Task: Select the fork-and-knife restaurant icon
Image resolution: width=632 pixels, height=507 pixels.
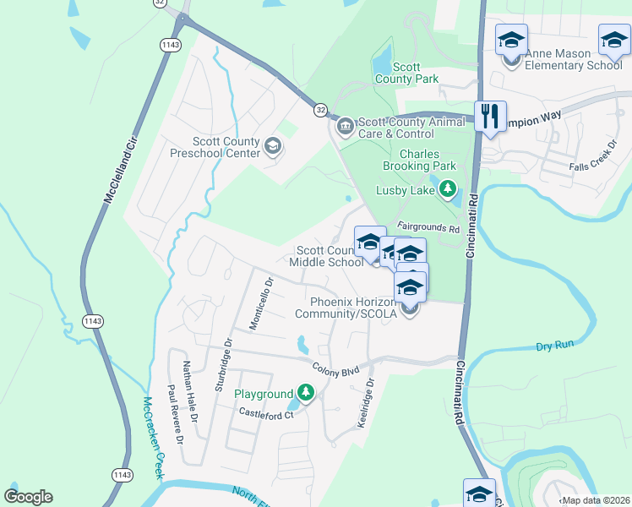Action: tap(490, 117)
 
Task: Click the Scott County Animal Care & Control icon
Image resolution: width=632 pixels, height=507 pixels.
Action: tap(345, 127)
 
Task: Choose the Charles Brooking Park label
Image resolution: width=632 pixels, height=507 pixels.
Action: tap(419, 161)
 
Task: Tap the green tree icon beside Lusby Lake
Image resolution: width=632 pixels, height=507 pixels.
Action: tap(448, 189)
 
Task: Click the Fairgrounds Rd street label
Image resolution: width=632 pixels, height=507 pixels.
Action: tap(428, 228)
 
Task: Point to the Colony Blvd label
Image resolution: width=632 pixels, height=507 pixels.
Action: tap(335, 369)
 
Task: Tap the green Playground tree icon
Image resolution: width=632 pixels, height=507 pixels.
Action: tap(306, 393)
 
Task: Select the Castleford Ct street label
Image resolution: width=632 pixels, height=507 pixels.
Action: tap(264, 413)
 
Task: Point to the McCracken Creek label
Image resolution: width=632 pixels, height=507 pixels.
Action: tap(152, 438)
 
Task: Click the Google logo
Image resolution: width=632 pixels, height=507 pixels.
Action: tap(28, 497)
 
